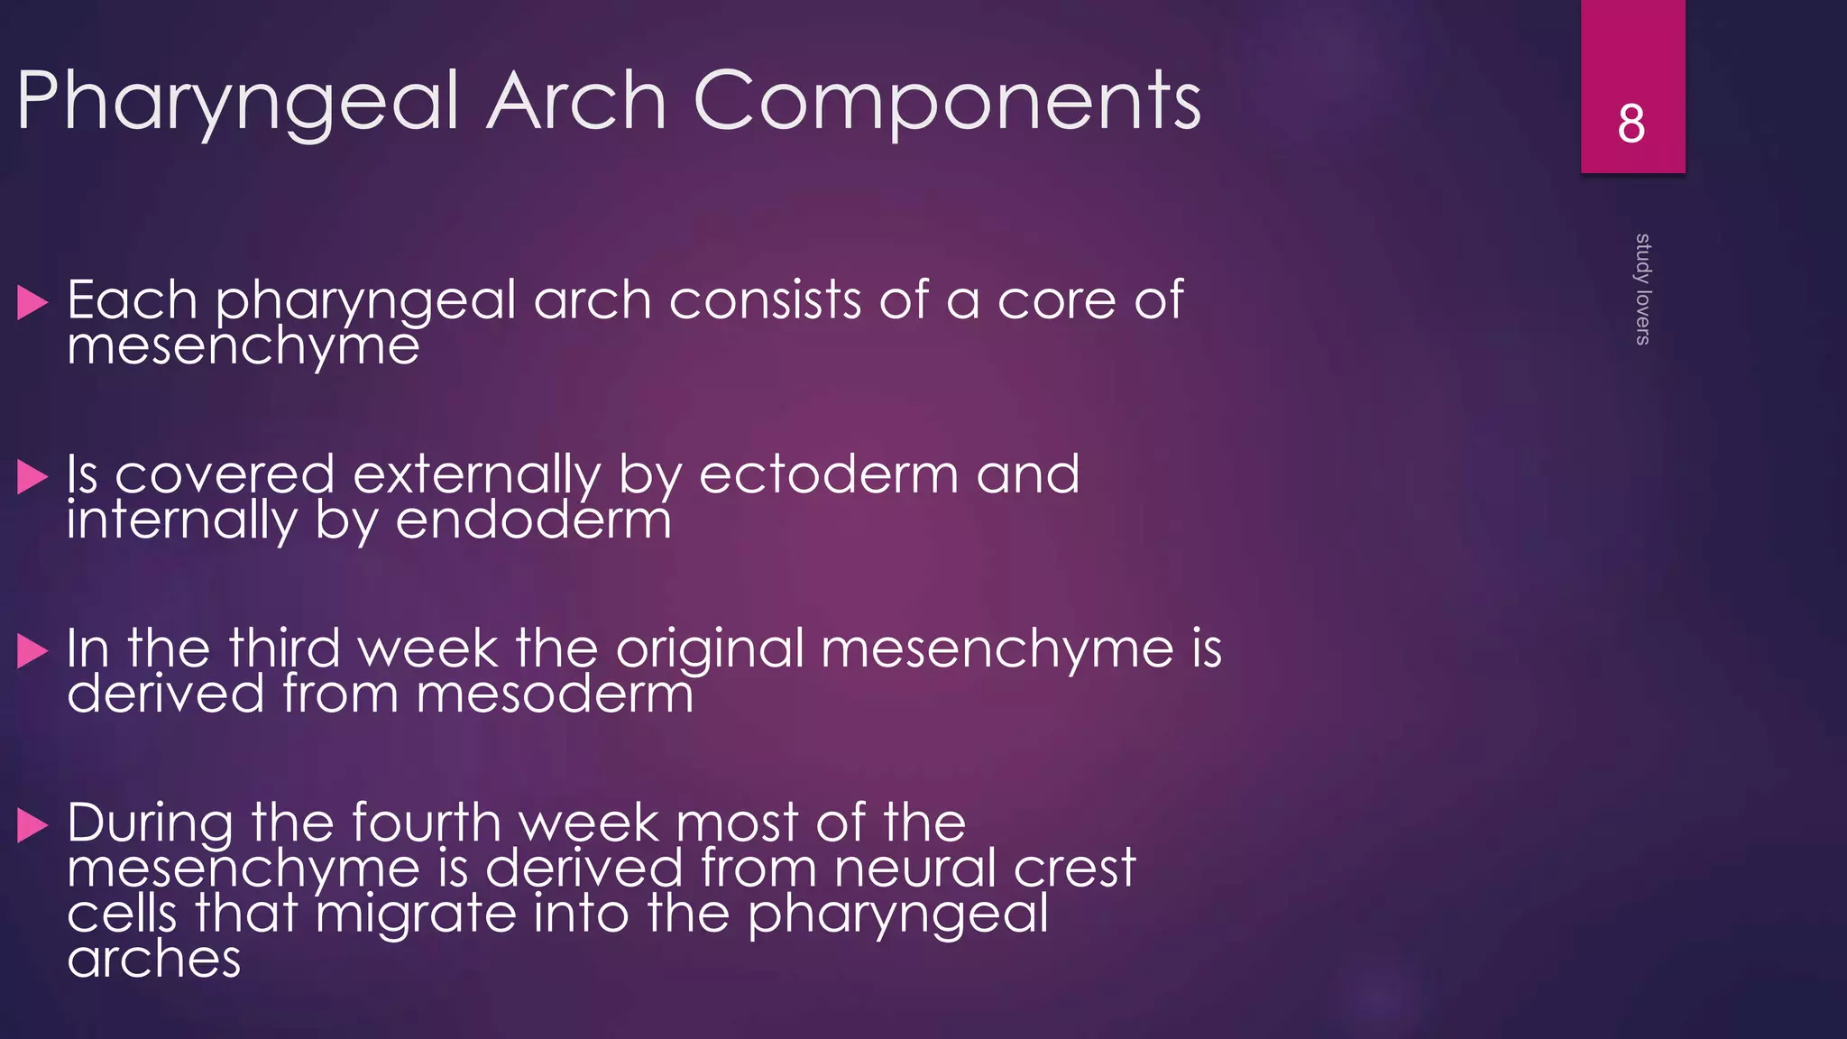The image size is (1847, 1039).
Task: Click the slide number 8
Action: pyautogui.click(x=1631, y=124)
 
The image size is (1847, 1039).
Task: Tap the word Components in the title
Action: pyautogui.click(x=946, y=101)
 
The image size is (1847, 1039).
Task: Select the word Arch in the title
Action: pyautogui.click(x=576, y=101)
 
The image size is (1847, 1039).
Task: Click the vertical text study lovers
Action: pyautogui.click(x=1642, y=289)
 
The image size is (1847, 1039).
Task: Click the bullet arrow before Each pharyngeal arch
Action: pyautogui.click(x=32, y=303)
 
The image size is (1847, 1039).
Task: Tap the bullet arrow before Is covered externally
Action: pyautogui.click(x=32, y=477)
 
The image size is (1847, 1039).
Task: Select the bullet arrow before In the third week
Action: pyautogui.click(x=32, y=651)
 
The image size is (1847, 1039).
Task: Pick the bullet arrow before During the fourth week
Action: pyautogui.click(x=32, y=825)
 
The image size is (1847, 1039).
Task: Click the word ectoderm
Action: pyautogui.click(x=828, y=474)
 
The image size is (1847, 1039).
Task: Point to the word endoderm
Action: pyautogui.click(x=533, y=521)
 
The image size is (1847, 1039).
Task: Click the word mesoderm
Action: pyautogui.click(x=555, y=694)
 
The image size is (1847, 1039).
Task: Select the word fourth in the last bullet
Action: pyautogui.click(x=426, y=823)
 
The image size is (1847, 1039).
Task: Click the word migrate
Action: pyautogui.click(x=417, y=915)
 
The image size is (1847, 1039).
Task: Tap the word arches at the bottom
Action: pyautogui.click(x=153, y=959)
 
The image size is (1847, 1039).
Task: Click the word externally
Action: pyautogui.click(x=476, y=475)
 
